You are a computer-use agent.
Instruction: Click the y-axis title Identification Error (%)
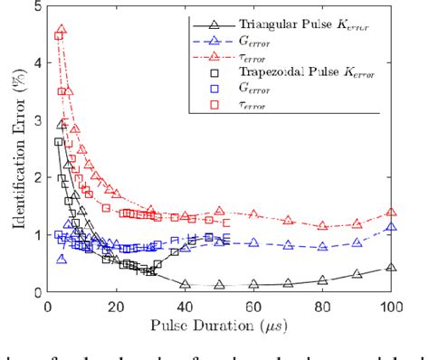tap(12, 150)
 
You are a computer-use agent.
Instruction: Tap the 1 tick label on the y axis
tap(35, 235)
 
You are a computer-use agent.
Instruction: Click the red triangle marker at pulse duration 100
tap(391, 213)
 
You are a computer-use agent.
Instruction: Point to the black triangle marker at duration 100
tap(391, 268)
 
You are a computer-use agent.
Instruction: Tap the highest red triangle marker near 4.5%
tap(62, 31)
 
